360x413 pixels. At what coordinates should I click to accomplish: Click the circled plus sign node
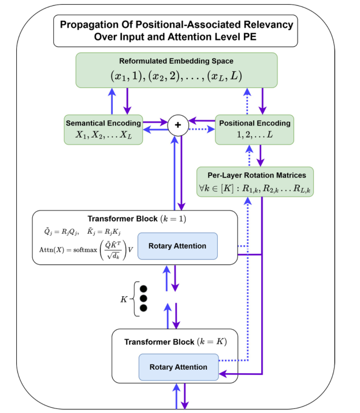click(178, 125)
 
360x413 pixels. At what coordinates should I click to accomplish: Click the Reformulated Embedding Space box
click(177, 71)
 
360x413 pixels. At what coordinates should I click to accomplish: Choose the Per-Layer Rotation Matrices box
click(255, 181)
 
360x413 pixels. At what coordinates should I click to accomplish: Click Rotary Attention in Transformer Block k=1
click(177, 246)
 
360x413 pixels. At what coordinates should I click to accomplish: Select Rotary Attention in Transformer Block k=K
click(178, 367)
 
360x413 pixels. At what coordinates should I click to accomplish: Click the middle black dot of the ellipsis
click(144, 298)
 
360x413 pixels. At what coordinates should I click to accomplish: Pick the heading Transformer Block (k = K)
click(175, 341)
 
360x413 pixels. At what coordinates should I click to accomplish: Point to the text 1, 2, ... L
click(254, 135)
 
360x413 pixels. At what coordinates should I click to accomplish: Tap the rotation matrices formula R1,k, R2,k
click(255, 187)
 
